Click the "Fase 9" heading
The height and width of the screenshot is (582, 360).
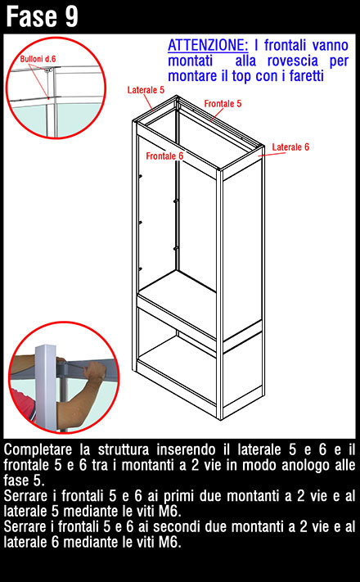42,16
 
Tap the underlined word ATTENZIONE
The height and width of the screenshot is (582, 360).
208,45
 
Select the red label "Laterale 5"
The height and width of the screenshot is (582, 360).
146,90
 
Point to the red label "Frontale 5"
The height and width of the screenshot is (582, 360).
223,104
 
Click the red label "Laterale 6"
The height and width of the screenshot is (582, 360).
290,147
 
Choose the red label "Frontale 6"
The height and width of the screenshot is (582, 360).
164,156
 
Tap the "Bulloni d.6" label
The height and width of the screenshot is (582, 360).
38,59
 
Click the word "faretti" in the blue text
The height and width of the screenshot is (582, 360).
307,76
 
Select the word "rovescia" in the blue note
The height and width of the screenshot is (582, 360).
293,61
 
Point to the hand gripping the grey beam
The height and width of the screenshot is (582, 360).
93,372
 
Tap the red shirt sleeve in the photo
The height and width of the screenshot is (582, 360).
22,404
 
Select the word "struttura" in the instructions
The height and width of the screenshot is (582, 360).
124,450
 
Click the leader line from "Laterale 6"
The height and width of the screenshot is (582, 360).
272,154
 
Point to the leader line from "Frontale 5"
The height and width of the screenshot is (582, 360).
216,115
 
